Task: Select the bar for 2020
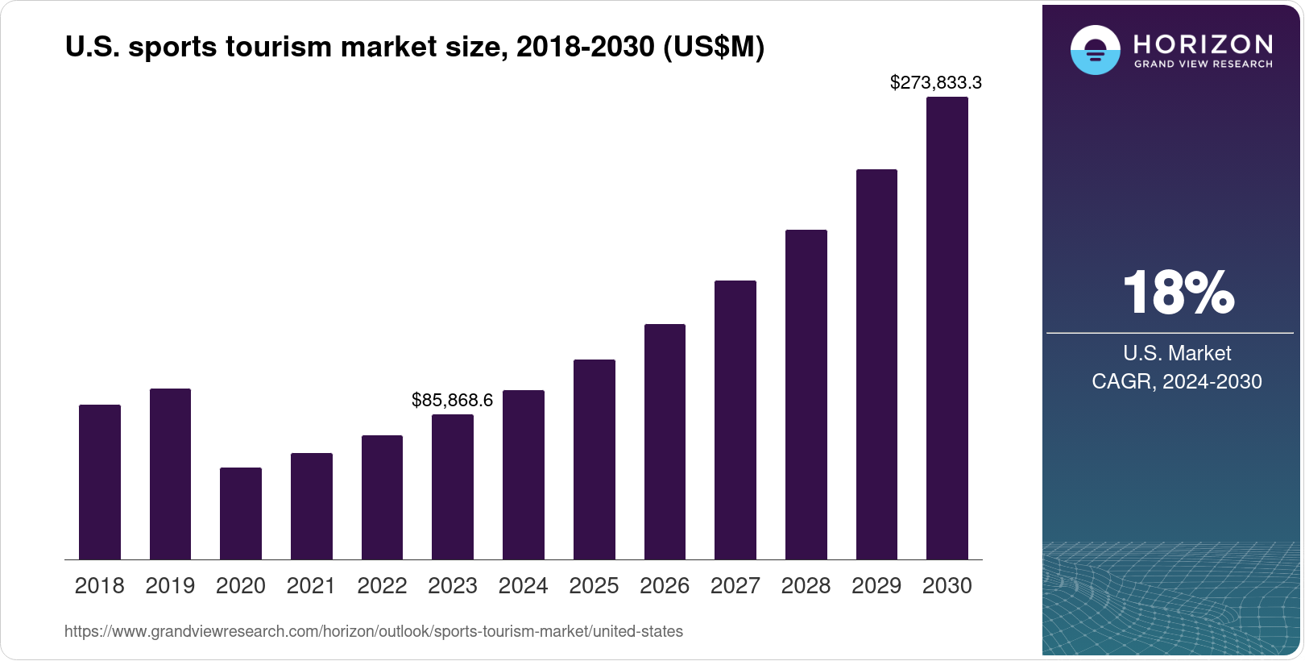click(x=241, y=513)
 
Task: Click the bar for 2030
click(x=947, y=329)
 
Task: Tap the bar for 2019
click(x=170, y=474)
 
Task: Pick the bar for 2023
click(x=453, y=487)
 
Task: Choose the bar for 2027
click(x=735, y=420)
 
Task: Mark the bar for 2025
click(x=594, y=459)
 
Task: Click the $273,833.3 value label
click(x=935, y=82)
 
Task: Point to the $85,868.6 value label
click(x=452, y=400)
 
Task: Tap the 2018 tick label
click(x=99, y=586)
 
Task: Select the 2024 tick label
click(x=523, y=586)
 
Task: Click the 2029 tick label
click(x=876, y=586)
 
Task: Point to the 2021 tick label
click(x=311, y=586)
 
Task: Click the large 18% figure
click(x=1178, y=293)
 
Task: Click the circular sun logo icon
click(x=1095, y=50)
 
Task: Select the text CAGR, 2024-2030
click(x=1177, y=381)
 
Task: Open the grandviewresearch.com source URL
click(x=374, y=632)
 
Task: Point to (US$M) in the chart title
click(x=713, y=47)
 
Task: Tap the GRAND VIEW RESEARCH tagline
click(x=1203, y=64)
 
